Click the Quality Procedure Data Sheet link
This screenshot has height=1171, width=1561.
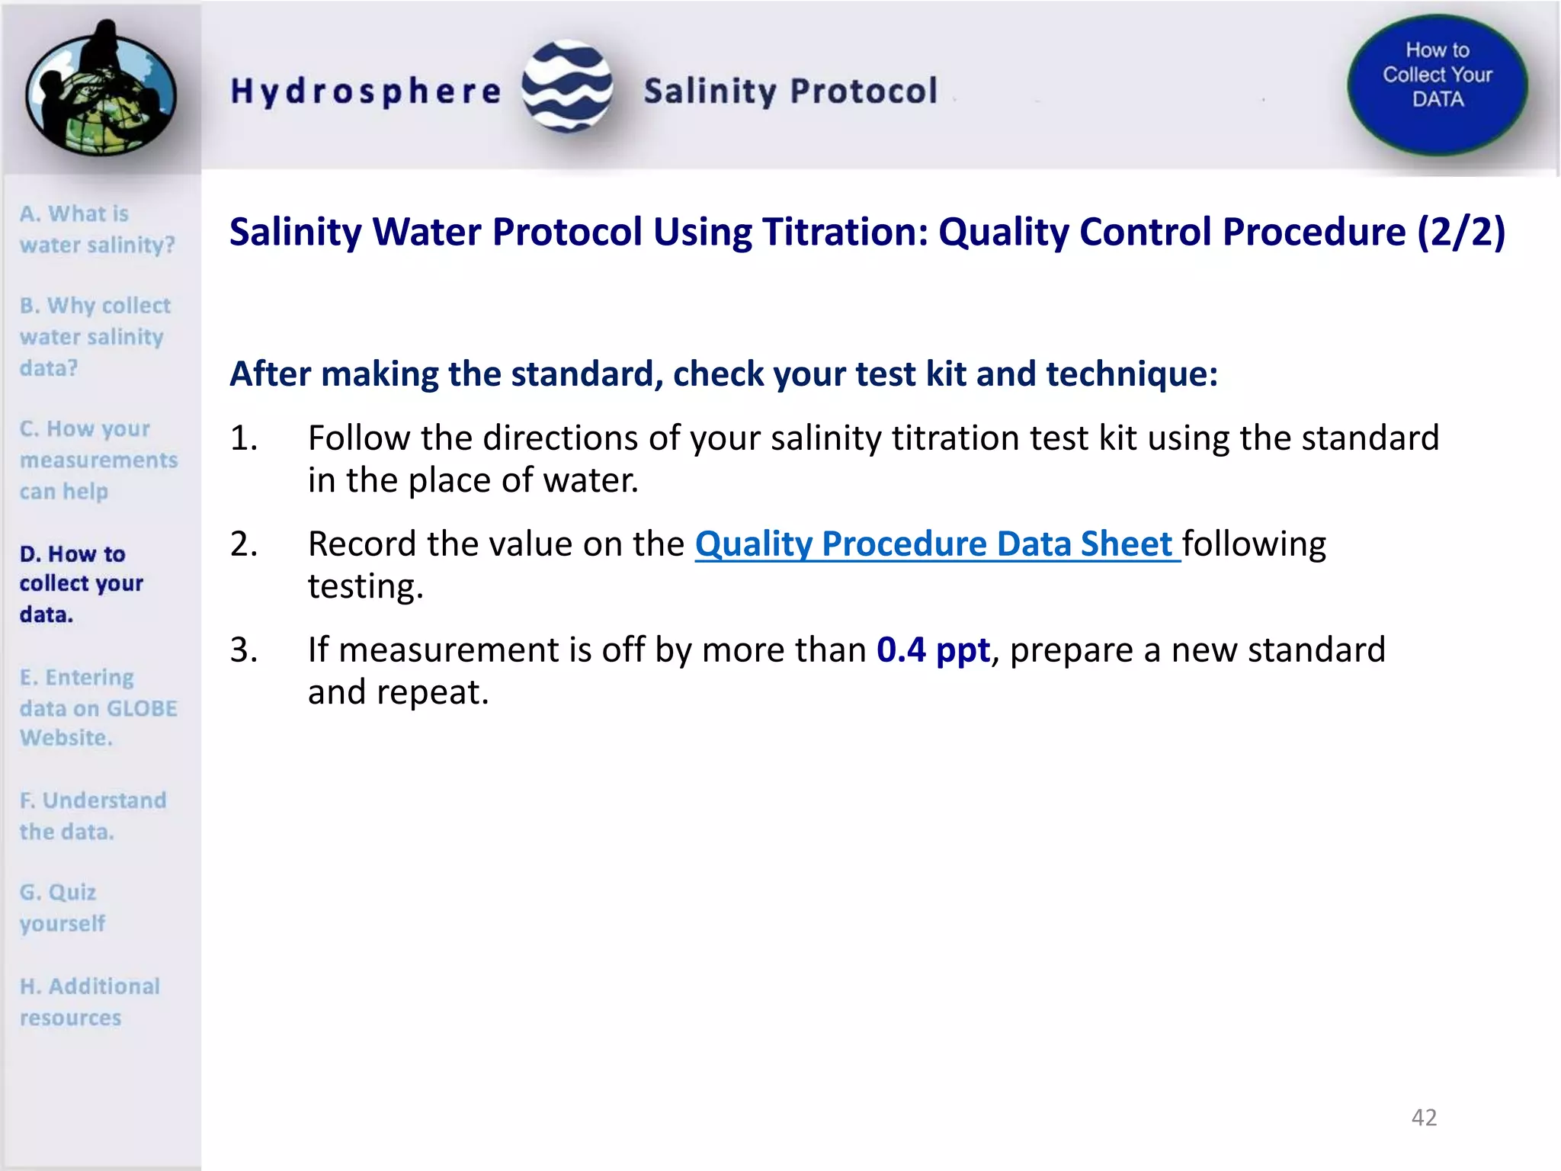click(x=937, y=544)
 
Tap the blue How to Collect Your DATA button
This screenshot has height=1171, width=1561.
click(x=1437, y=84)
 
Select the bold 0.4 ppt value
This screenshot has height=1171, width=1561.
click(x=933, y=650)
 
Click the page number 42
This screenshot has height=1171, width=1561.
click(x=1424, y=1117)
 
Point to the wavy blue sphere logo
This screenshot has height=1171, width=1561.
click(x=566, y=86)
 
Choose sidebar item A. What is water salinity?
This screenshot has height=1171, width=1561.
click(x=97, y=229)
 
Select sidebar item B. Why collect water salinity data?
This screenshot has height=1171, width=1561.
click(x=95, y=336)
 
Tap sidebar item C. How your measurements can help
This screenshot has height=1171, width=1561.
click(x=98, y=460)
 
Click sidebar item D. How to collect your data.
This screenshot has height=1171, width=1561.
click(x=81, y=583)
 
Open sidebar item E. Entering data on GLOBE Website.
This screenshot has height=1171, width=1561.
click(x=98, y=707)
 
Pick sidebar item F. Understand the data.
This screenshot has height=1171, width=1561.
click(x=92, y=816)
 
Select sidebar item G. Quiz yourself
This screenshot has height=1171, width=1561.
click(x=62, y=907)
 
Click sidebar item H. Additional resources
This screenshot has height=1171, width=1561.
click(x=89, y=1002)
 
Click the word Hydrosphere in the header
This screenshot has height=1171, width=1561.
click(x=366, y=92)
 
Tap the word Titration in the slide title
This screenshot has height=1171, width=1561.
click(x=845, y=232)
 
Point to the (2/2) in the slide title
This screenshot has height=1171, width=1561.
click(x=1460, y=232)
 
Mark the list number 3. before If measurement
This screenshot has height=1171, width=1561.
click(x=244, y=650)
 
